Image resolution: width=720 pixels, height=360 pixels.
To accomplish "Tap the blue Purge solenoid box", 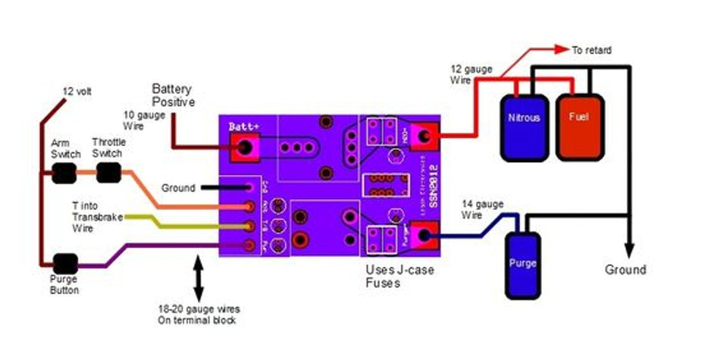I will tap(522, 263).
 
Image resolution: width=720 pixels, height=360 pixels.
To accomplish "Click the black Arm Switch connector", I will tap(65, 175).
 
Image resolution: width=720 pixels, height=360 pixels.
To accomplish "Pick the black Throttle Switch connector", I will tap(108, 174).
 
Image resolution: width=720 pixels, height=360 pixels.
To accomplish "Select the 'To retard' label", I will tap(592, 51).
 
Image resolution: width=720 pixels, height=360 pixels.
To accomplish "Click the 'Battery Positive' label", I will tap(174, 95).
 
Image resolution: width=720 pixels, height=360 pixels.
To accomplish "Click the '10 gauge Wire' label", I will tap(141, 121).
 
